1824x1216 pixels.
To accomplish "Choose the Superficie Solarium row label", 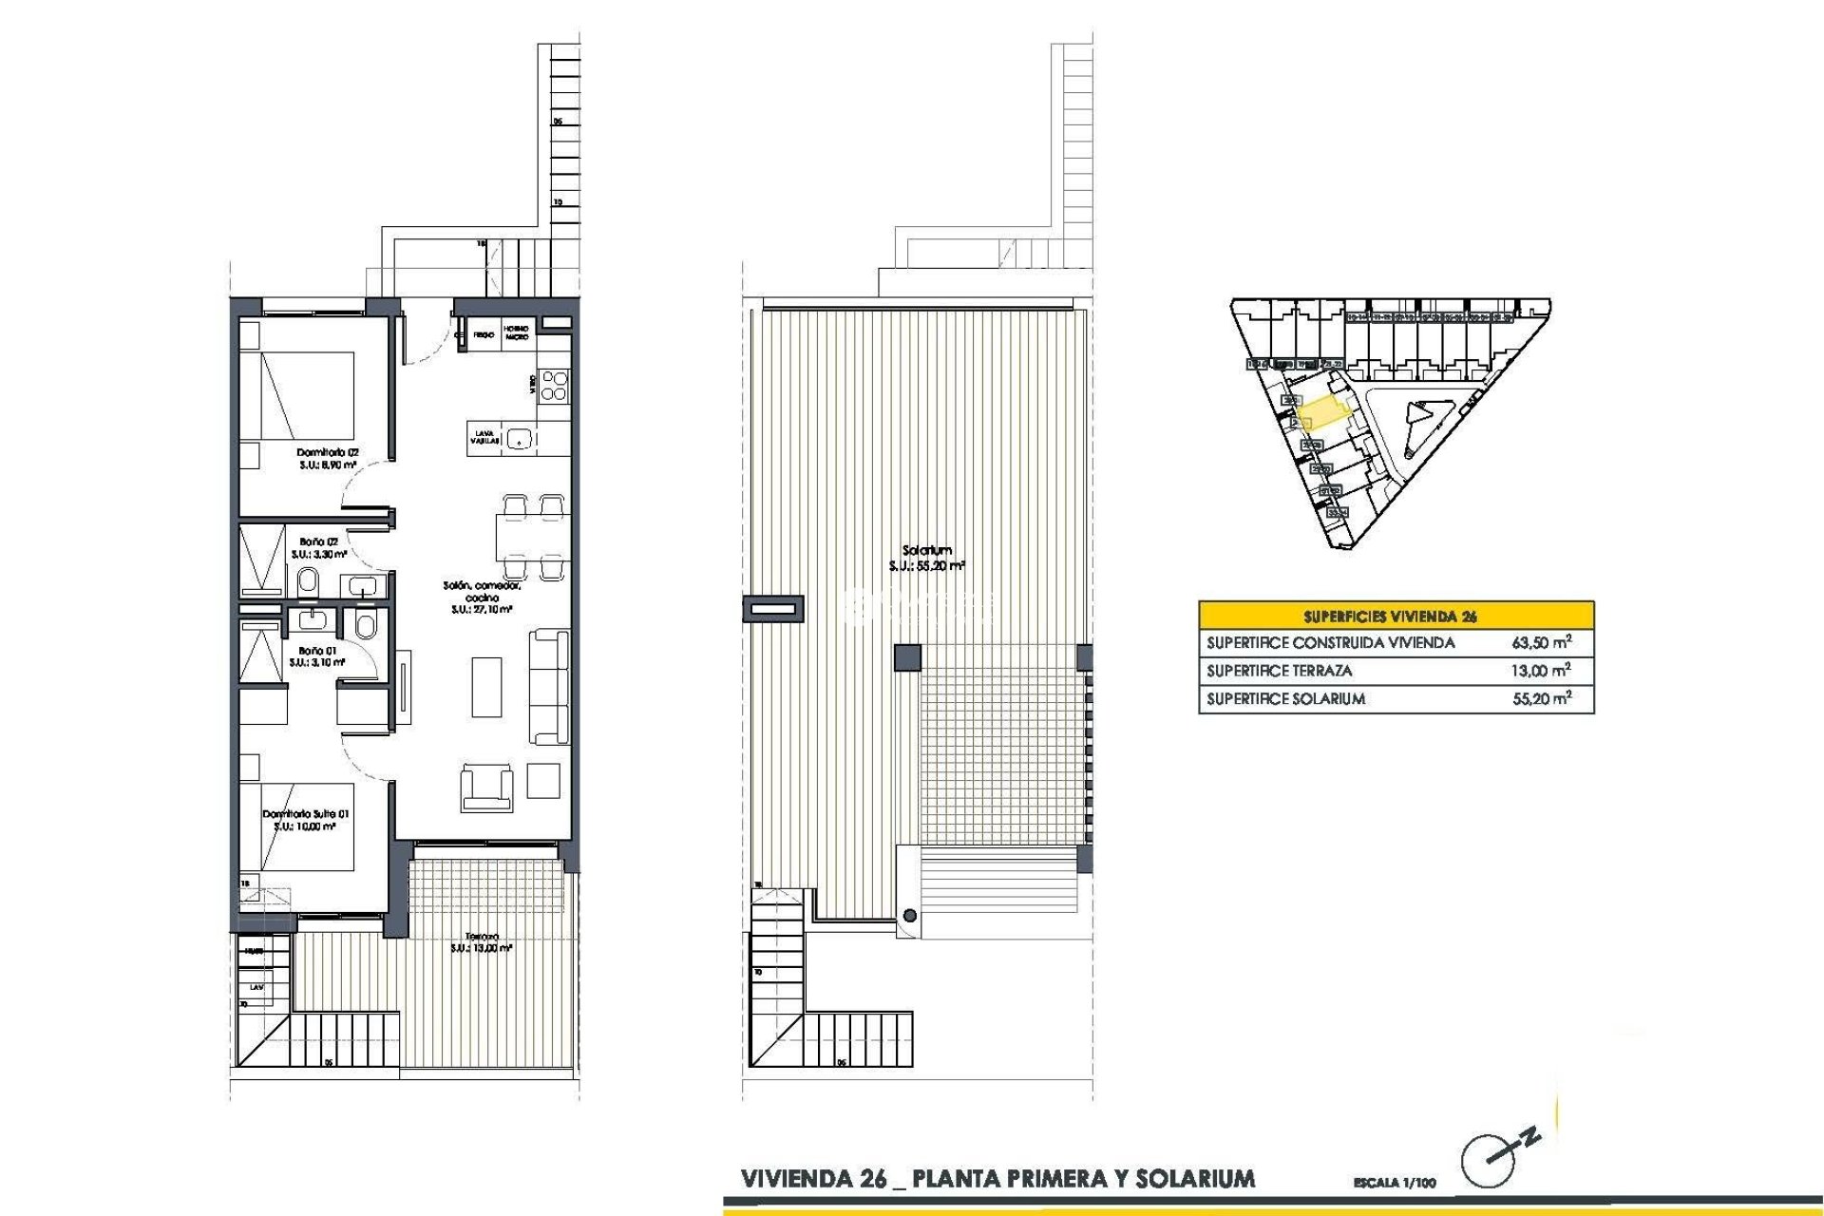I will click(x=1285, y=699).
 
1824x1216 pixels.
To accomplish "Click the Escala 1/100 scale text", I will click(x=1394, y=1183).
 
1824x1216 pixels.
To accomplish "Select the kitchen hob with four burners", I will click(x=554, y=385).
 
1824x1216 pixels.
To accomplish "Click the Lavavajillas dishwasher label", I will click(x=484, y=438).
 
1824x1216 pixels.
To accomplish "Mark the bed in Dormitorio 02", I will click(x=297, y=396).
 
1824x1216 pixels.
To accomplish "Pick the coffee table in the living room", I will click(x=487, y=687).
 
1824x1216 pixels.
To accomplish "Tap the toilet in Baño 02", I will click(x=307, y=583).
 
